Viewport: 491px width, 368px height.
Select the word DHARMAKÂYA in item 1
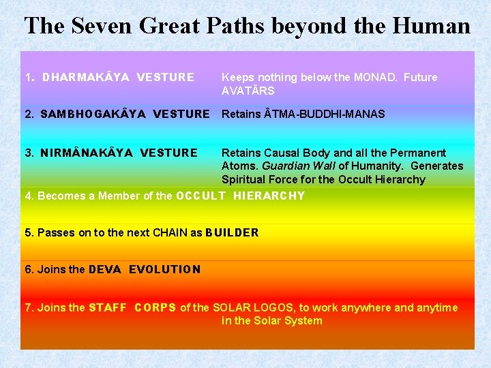pos(86,78)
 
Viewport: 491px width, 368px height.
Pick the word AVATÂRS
pos(248,91)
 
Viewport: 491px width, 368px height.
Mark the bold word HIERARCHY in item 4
pos(269,196)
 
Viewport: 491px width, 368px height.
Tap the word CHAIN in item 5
pos(168,233)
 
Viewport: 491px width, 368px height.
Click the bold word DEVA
pos(105,270)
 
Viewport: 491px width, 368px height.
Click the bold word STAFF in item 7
pos(108,308)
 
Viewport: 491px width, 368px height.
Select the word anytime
pos(436,308)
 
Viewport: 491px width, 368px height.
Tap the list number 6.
pos(28,270)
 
